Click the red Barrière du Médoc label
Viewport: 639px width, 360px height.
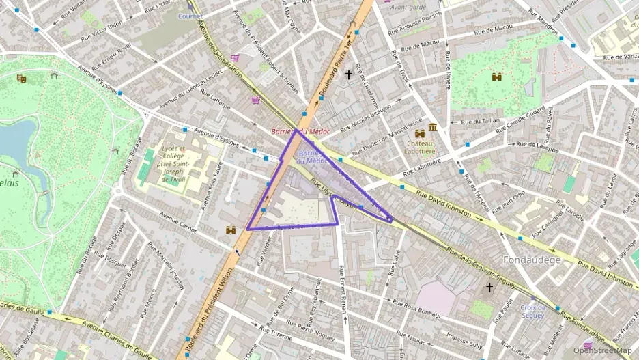click(300, 130)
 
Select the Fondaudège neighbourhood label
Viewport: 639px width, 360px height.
click(531, 260)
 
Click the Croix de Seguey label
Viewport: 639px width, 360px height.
click(532, 311)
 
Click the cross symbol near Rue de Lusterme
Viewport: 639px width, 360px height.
click(349, 74)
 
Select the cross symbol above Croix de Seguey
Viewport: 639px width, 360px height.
click(489, 288)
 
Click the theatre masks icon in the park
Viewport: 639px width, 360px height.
click(22, 79)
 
